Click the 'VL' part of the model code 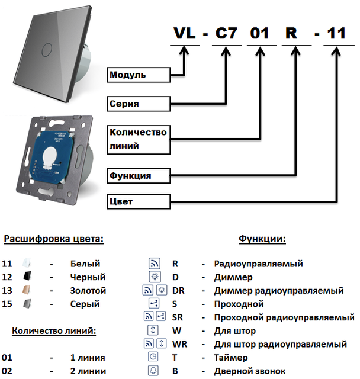185,34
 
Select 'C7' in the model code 226,34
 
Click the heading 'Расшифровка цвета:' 54,239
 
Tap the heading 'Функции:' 262,239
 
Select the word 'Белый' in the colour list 85,264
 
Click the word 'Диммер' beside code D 233,277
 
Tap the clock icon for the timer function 153,357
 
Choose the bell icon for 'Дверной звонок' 153,371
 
